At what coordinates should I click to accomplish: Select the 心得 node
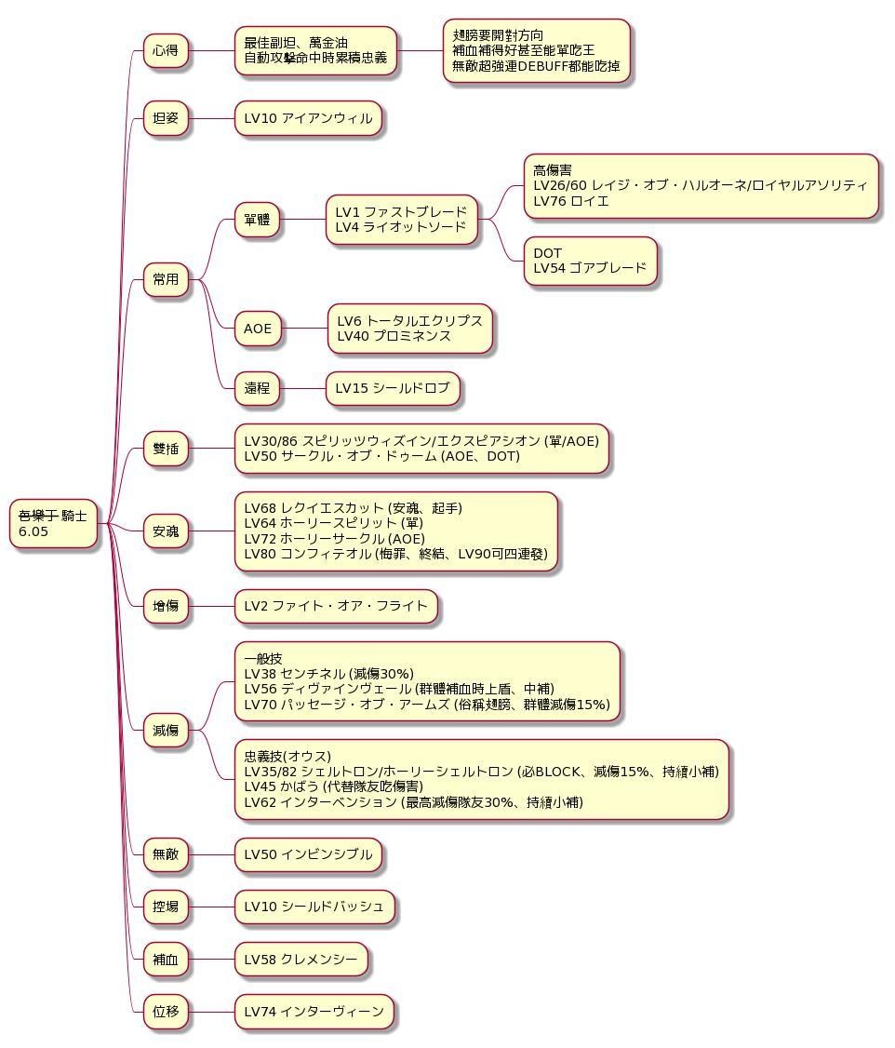(x=166, y=50)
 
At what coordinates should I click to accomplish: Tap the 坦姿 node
(x=166, y=118)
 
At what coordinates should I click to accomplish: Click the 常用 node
(x=166, y=278)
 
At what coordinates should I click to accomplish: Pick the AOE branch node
(x=258, y=329)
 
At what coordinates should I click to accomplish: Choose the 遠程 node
(x=258, y=388)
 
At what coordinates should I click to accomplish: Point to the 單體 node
(x=257, y=220)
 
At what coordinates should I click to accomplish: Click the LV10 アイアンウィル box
(x=308, y=118)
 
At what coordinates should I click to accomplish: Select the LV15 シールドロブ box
(x=393, y=388)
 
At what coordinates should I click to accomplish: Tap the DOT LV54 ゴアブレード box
(x=590, y=261)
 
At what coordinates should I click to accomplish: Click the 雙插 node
(x=166, y=449)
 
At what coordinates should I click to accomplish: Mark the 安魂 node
(x=166, y=531)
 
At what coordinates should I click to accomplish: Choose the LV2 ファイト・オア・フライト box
(x=335, y=606)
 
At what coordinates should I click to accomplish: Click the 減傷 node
(x=166, y=731)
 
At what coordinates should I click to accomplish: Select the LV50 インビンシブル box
(x=308, y=853)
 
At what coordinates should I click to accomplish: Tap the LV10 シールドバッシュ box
(x=314, y=906)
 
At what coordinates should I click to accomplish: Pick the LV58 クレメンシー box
(x=301, y=959)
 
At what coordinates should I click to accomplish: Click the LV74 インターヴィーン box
(x=314, y=1011)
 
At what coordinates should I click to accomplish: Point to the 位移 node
(x=166, y=1011)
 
